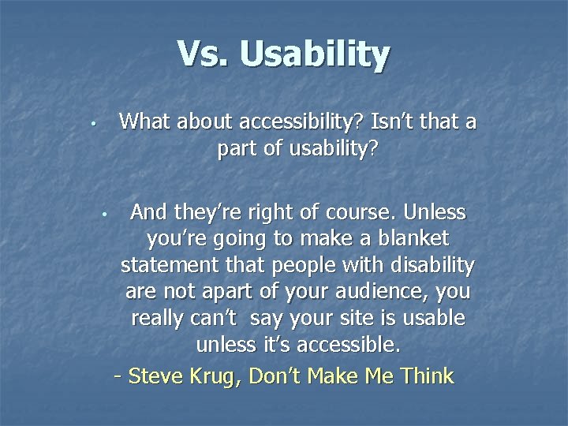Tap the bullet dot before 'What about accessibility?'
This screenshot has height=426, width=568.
(x=92, y=124)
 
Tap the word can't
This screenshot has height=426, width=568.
(x=211, y=319)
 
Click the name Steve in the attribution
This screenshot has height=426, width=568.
(x=157, y=376)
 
